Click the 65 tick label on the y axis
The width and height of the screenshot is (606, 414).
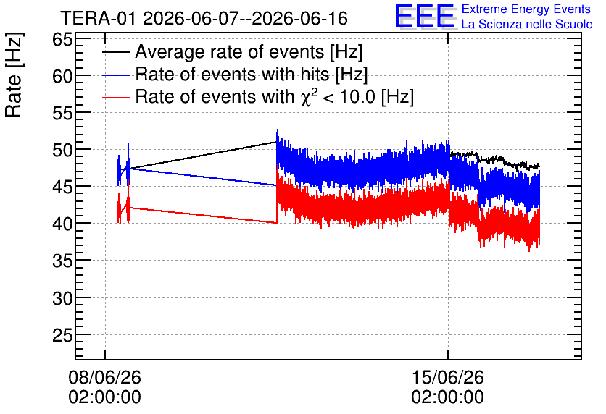pyautogui.click(x=62, y=39)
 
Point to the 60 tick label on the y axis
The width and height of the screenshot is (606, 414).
pyautogui.click(x=62, y=77)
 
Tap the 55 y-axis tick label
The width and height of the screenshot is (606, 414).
pyautogui.click(x=62, y=113)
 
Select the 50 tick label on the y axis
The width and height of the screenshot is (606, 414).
pyautogui.click(x=62, y=150)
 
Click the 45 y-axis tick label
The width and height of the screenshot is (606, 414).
pyautogui.click(x=62, y=187)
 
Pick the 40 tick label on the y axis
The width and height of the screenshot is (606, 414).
pyautogui.click(x=62, y=224)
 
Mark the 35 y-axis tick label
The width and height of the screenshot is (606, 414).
pyautogui.click(x=62, y=261)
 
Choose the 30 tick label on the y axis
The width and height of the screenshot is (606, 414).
pyautogui.click(x=62, y=298)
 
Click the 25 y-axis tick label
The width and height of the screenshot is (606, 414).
pyautogui.click(x=62, y=335)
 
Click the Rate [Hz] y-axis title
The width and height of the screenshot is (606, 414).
pyautogui.click(x=14, y=75)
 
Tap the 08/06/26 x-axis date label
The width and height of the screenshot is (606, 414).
pyautogui.click(x=104, y=377)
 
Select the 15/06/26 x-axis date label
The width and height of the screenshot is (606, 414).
pyautogui.click(x=447, y=377)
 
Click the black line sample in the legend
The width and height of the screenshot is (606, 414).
pyautogui.click(x=116, y=52)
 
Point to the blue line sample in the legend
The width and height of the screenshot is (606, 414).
pyautogui.click(x=116, y=75)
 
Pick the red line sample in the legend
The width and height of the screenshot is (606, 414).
pyautogui.click(x=116, y=97)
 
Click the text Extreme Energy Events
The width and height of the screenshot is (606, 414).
pyautogui.click(x=526, y=9)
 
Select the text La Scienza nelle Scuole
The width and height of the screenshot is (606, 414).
pyautogui.click(x=527, y=24)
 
